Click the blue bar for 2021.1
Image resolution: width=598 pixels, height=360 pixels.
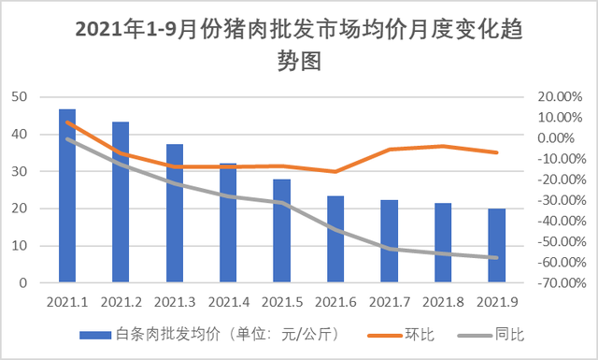(67, 196)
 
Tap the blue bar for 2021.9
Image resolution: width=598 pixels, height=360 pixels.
(497, 245)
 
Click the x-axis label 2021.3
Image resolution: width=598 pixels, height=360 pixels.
(175, 302)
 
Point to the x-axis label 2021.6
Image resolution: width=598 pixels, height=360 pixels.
(335, 302)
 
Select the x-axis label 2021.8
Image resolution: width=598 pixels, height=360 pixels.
(443, 302)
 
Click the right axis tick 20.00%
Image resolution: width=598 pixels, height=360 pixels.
(560, 97)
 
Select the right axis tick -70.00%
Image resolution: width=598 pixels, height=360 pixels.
(558, 283)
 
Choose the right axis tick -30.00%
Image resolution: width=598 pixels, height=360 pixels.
(558, 200)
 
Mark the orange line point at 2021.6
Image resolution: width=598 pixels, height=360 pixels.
(335, 171)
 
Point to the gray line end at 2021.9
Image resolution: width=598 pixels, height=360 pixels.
(497, 258)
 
